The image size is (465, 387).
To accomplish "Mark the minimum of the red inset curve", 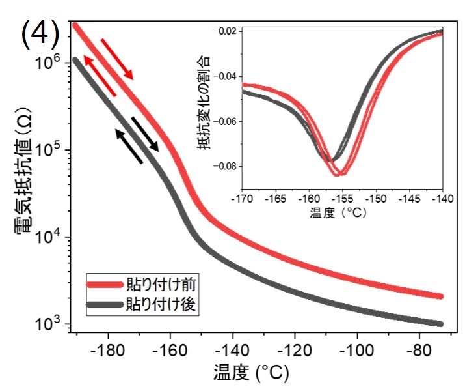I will [339, 175].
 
